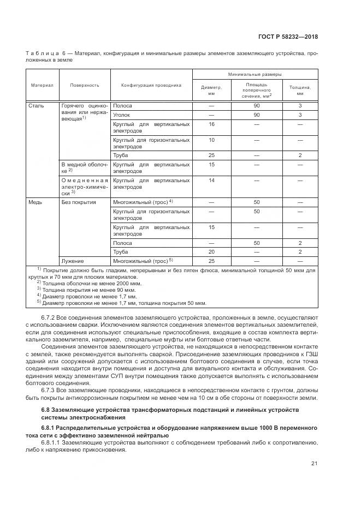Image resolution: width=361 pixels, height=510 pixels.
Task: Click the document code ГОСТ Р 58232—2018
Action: click(288, 37)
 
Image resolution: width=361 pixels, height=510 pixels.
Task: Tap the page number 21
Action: click(314, 464)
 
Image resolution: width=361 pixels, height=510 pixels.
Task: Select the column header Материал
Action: click(42, 86)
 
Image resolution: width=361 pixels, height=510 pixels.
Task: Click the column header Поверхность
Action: click(84, 86)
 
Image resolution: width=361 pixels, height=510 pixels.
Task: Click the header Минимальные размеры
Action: click(255, 74)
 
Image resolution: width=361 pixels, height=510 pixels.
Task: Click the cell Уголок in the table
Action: click(121, 115)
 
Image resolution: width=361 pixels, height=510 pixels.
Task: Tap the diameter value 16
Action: click(211, 124)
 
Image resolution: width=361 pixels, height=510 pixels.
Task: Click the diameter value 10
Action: click(211, 140)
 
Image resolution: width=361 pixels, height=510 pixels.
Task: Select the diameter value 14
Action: click(211, 179)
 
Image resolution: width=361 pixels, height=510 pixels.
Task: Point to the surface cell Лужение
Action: click(72, 261)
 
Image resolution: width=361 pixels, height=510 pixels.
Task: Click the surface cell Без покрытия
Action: click(79, 202)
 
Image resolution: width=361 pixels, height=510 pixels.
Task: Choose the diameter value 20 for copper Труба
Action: click(211, 251)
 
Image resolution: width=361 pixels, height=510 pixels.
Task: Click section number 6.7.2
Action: click(48, 317)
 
